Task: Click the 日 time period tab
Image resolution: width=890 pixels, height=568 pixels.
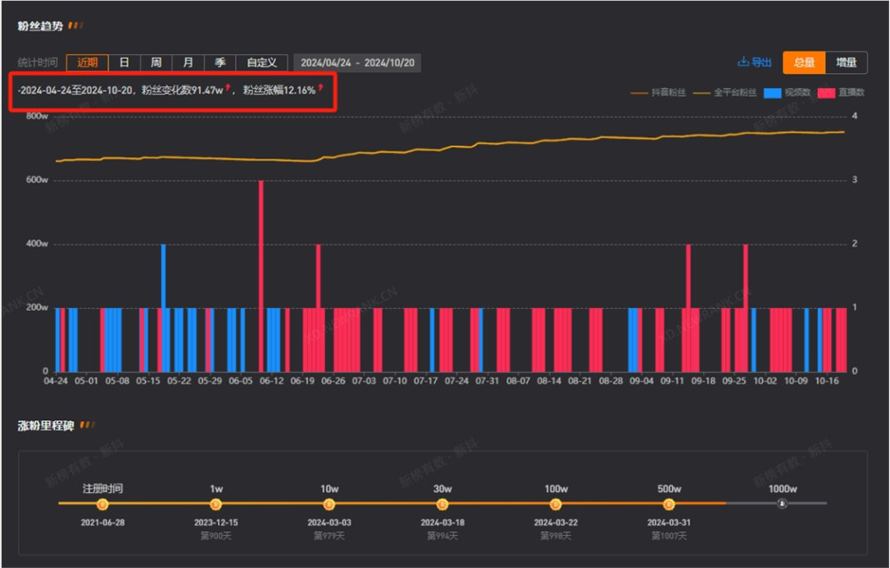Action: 125,62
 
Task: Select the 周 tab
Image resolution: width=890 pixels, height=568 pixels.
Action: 156,62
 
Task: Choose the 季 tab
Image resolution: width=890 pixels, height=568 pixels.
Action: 220,62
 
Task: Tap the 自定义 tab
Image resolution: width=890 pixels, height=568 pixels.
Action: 262,62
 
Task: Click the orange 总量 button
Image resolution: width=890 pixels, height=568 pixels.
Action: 804,62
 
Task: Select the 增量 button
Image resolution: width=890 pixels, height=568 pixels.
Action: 846,62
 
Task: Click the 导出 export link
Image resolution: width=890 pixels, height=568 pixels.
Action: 755,62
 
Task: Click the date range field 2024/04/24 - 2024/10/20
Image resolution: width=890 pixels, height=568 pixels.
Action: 358,63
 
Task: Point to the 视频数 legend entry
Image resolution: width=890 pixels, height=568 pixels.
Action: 789,92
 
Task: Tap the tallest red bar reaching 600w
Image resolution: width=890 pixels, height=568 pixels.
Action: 261,276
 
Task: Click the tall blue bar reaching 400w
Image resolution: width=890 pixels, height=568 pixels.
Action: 164,307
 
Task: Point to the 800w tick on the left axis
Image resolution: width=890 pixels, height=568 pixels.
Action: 36,117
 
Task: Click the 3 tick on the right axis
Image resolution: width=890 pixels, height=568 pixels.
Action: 854,180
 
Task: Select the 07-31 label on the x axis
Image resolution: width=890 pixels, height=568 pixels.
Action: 487,380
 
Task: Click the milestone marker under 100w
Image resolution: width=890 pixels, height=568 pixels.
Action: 556,504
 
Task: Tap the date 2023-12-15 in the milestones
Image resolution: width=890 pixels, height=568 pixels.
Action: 215,523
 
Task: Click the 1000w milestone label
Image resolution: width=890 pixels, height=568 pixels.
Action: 782,489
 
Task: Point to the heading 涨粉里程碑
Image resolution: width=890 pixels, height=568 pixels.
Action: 45,426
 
